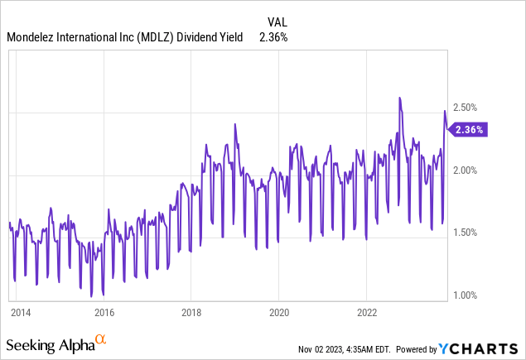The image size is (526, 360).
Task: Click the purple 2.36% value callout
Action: click(x=469, y=129)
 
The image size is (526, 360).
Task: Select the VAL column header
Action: click(x=278, y=22)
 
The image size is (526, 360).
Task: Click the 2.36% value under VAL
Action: click(x=280, y=37)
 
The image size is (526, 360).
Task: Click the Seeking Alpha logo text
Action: click(x=49, y=343)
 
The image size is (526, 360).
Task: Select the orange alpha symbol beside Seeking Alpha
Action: click(x=101, y=339)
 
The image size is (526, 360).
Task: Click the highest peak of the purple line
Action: click(x=399, y=98)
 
